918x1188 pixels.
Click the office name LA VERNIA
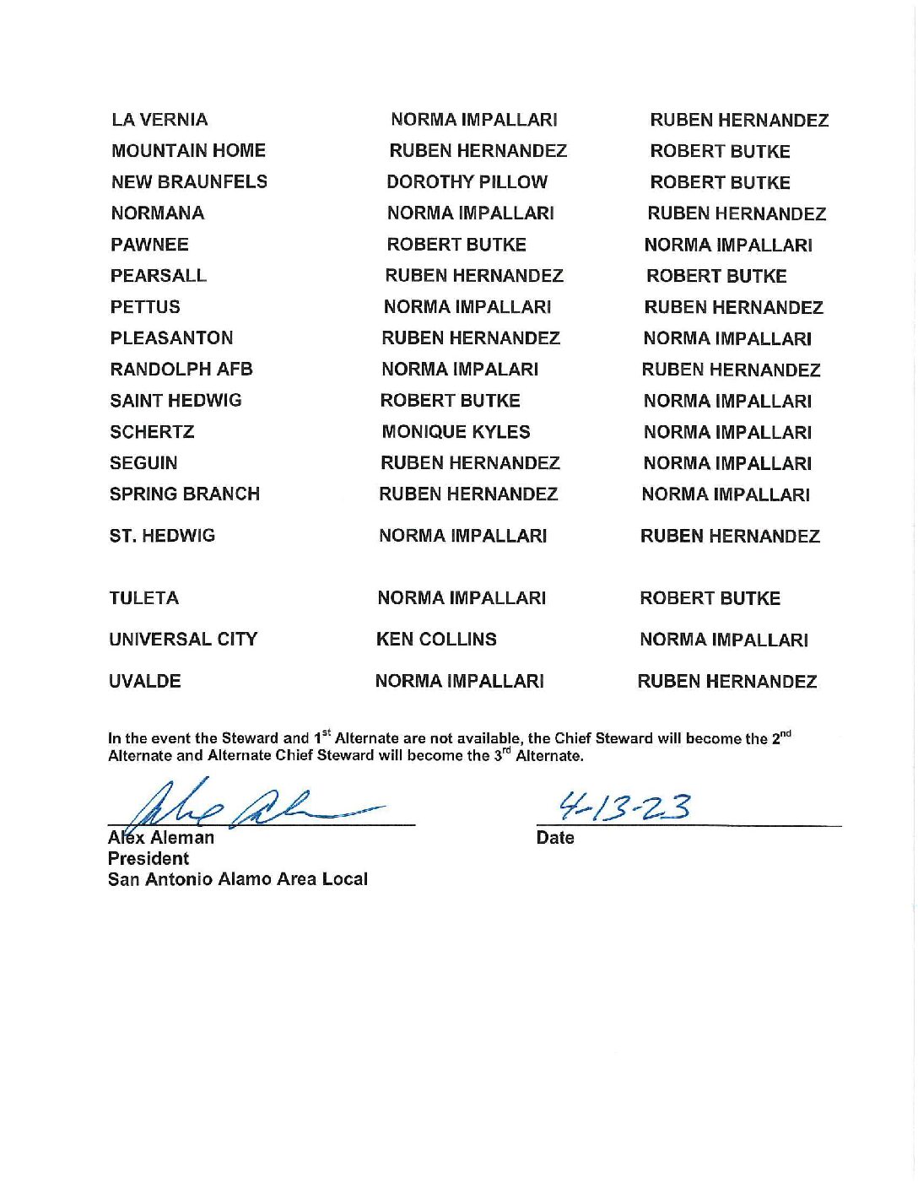[x=159, y=120]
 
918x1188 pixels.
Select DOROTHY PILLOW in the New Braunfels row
[x=467, y=182]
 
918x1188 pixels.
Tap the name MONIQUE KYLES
[x=456, y=432]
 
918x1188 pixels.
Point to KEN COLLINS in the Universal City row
[x=436, y=640]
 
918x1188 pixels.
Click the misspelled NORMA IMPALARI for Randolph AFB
[x=460, y=370]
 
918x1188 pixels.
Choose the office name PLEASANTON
[x=171, y=338]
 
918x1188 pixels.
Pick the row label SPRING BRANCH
[x=185, y=494]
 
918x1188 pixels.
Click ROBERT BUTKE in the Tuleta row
[x=710, y=599]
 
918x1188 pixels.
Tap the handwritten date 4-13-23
[x=625, y=807]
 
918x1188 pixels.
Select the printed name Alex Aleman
[x=161, y=838]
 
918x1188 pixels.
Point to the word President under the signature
[x=148, y=859]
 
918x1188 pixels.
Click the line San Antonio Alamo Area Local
[x=238, y=879]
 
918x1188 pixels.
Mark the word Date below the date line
[x=555, y=838]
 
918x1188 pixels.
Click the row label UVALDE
[x=145, y=682]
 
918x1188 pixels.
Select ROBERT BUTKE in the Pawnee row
[x=456, y=245]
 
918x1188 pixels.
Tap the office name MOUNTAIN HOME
[x=188, y=151]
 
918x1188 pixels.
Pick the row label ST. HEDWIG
[x=162, y=536]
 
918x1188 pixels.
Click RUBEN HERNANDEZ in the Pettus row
[x=733, y=308]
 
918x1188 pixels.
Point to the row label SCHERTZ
[x=152, y=432]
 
